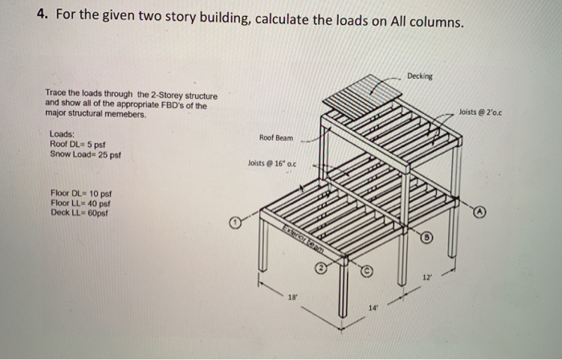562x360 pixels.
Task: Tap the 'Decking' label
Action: tap(419, 76)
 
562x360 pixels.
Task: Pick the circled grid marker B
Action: tap(428, 239)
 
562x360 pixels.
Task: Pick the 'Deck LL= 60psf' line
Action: tap(78, 212)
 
